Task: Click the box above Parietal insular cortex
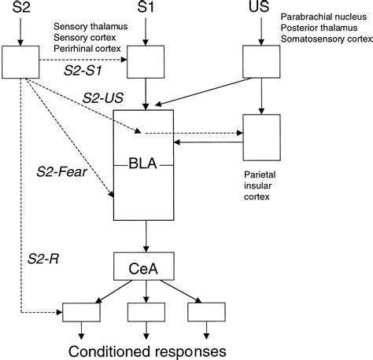click(260, 136)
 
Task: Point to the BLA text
click(146, 165)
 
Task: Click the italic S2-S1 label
click(84, 69)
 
